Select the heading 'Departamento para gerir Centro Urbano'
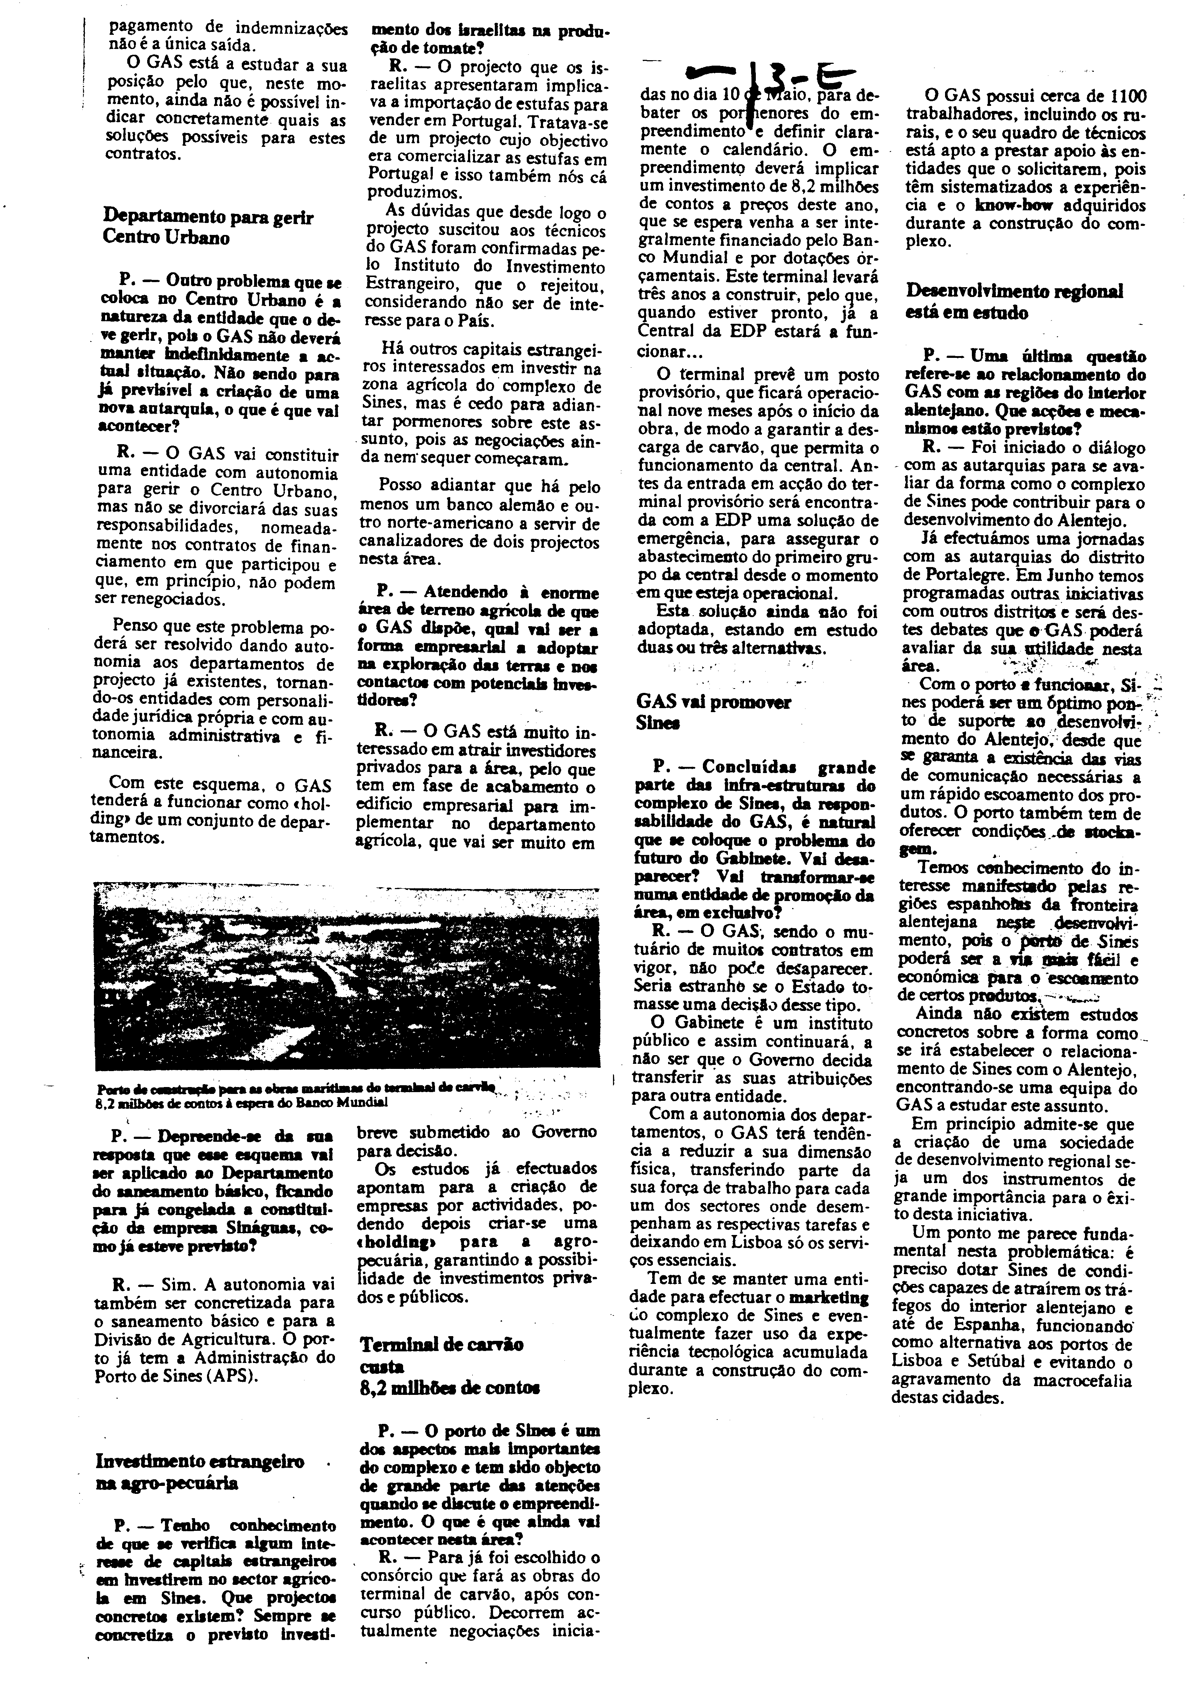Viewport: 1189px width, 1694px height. tap(208, 227)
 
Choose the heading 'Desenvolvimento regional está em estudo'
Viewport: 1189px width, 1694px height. tap(1014, 301)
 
